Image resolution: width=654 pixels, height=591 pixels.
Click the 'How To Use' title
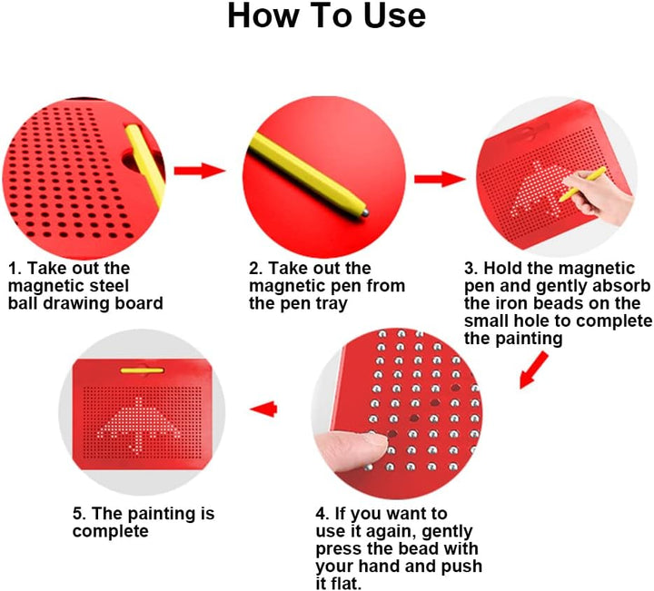pos(327,15)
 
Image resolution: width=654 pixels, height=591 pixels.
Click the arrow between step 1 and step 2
pos(199,171)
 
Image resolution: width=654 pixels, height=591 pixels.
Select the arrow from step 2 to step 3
pos(440,179)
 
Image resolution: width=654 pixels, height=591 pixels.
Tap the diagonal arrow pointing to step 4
pos(533,370)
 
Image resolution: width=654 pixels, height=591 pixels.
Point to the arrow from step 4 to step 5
pos(263,409)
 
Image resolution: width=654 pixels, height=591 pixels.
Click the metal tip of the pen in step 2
pos(364,212)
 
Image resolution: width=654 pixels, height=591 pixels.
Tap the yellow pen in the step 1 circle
pos(145,164)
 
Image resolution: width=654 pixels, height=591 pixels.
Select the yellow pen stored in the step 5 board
pos(143,370)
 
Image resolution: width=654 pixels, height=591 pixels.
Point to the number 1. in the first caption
pos(15,268)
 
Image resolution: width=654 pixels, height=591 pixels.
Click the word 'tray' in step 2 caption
pos(331,304)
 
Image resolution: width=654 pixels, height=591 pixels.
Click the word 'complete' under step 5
pos(111,531)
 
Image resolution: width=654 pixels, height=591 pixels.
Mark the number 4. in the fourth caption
pos(322,514)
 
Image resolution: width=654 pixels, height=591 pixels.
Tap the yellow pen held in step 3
pos(582,184)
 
